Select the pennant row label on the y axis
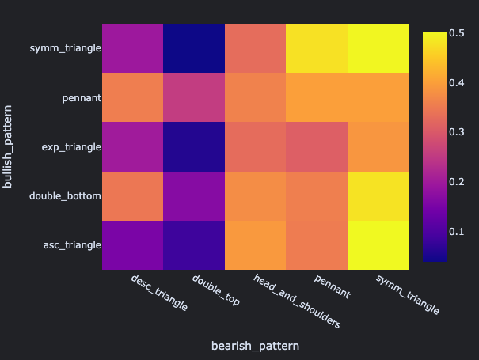pos(82,98)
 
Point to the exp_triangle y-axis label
pos(72,147)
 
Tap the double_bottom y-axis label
pos(65,195)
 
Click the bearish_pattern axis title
pos(256,346)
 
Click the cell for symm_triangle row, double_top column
pos(194,48)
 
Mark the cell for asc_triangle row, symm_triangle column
pos(379,244)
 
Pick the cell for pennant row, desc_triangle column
pos(132,97)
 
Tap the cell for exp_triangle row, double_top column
pos(194,146)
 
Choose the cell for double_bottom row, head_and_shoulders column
pos(256,195)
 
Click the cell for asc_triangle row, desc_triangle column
pos(132,244)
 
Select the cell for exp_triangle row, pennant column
pos(317,146)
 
